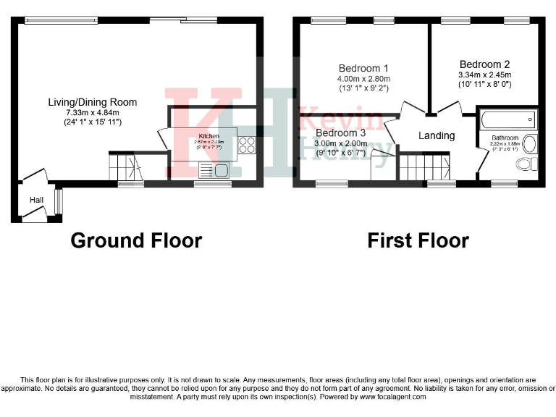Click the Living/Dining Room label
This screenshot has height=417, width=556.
pyautogui.click(x=92, y=102)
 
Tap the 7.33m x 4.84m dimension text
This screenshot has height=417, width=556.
pyautogui.click(x=92, y=112)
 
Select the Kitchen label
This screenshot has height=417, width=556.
pyautogui.click(x=209, y=136)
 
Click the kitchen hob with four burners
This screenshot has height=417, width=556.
pyautogui.click(x=247, y=146)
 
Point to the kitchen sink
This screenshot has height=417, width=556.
pyautogui.click(x=214, y=170)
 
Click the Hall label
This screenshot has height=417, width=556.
pyautogui.click(x=37, y=200)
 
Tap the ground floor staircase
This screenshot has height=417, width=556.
pyautogui.click(x=125, y=166)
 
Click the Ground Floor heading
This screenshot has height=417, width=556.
pyautogui.click(x=136, y=240)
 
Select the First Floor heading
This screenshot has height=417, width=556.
pyautogui.click(x=418, y=240)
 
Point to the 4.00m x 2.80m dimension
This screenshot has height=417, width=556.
pyautogui.click(x=363, y=79)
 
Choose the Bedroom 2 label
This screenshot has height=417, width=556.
pyautogui.click(x=484, y=64)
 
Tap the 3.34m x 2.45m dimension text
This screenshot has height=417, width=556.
pyautogui.click(x=484, y=74)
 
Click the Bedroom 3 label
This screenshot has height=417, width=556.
pyautogui.click(x=340, y=133)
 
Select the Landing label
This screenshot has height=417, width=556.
pyautogui.click(x=437, y=135)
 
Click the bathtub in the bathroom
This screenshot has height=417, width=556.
pyautogui.click(x=507, y=118)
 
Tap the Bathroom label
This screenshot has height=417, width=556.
pyautogui.click(x=505, y=138)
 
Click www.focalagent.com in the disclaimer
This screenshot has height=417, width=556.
pyautogui.click(x=392, y=397)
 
